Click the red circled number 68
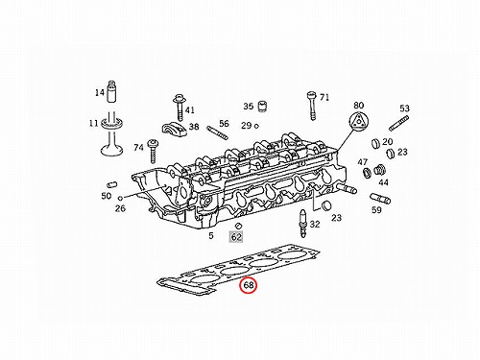[249, 285]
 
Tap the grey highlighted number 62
[236, 237]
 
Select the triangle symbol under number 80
[359, 121]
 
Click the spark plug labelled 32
[302, 223]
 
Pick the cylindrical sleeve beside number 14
[111, 91]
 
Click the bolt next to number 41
[180, 108]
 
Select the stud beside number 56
[218, 132]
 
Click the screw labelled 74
[153, 151]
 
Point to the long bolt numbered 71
[312, 106]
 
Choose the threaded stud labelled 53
[398, 124]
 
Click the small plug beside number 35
[263, 107]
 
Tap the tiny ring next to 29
[256, 126]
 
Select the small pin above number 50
[111, 185]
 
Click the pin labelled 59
[380, 199]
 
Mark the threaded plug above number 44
[379, 170]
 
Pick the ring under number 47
[367, 173]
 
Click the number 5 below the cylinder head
[211, 236]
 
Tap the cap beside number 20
[375, 144]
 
